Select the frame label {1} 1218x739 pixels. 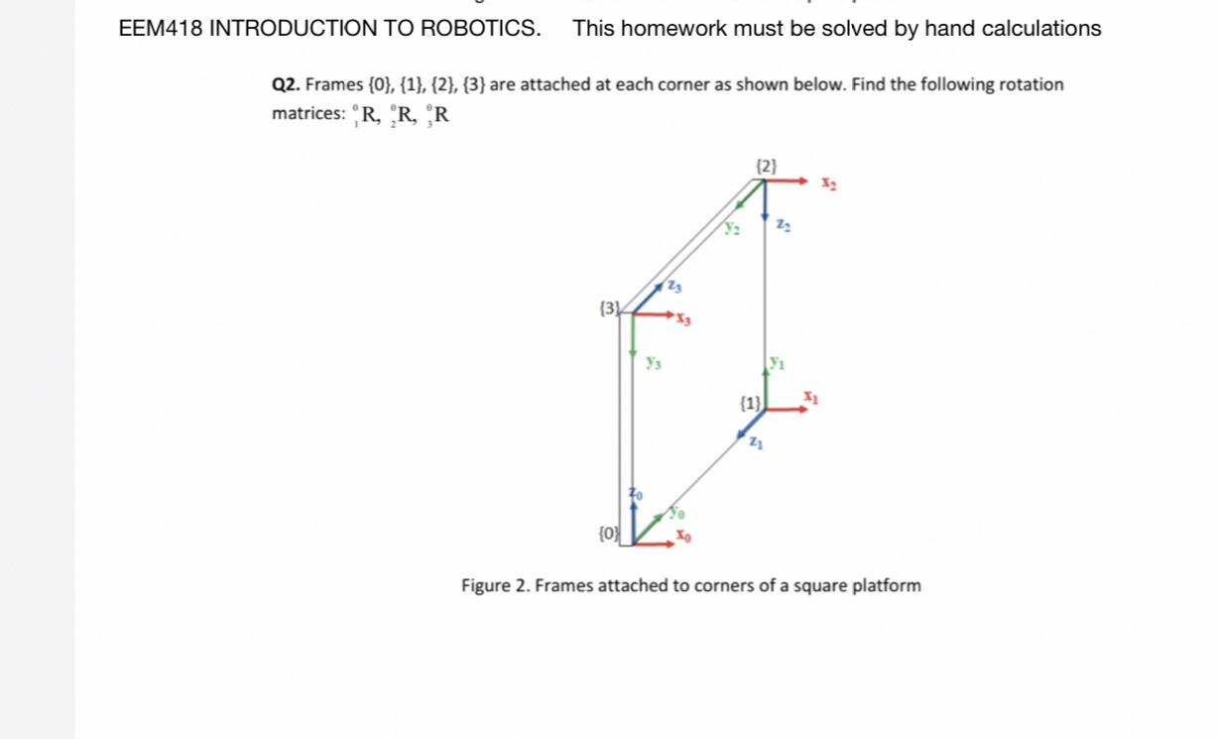(750, 404)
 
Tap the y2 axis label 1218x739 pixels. (732, 229)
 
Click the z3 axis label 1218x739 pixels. (674, 288)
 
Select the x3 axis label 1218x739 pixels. (684, 319)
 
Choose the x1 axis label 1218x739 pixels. (810, 398)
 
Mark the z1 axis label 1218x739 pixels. (756, 441)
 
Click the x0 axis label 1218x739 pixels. (682, 537)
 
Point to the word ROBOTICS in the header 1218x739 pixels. (481, 29)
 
